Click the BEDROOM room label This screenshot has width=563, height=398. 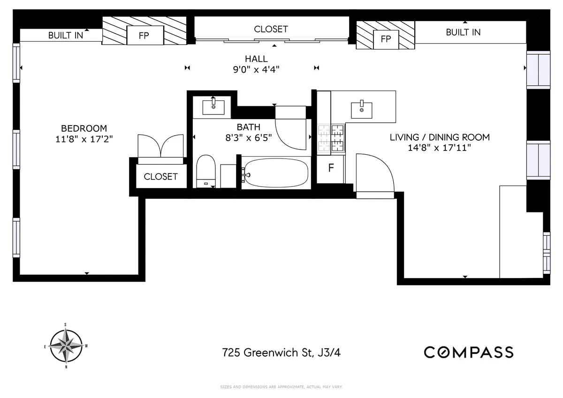pyautogui.click(x=84, y=128)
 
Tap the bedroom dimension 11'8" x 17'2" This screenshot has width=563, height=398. pyautogui.click(x=84, y=139)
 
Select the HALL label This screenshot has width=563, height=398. pyautogui.click(x=256, y=59)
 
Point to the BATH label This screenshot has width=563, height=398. pyautogui.click(x=248, y=127)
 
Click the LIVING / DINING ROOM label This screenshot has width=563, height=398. pyautogui.click(x=440, y=137)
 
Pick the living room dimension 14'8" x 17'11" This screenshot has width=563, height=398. pyautogui.click(x=440, y=148)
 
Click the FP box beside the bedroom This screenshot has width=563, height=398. pyautogui.click(x=144, y=35)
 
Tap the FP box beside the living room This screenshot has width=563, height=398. pyautogui.click(x=386, y=39)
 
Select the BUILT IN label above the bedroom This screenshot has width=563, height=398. pyautogui.click(x=65, y=35)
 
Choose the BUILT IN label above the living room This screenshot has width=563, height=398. pyautogui.click(x=463, y=32)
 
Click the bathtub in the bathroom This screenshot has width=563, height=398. pyautogui.click(x=275, y=173)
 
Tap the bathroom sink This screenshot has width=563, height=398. pyautogui.click(x=216, y=107)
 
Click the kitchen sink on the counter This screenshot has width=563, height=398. pyautogui.click(x=362, y=110)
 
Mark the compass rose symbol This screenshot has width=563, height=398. pyautogui.click(x=66, y=346)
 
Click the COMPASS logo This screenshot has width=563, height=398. pyautogui.click(x=468, y=352)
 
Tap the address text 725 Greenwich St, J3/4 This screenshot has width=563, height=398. pyautogui.click(x=285, y=352)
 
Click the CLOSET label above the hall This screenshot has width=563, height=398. pyautogui.click(x=271, y=29)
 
